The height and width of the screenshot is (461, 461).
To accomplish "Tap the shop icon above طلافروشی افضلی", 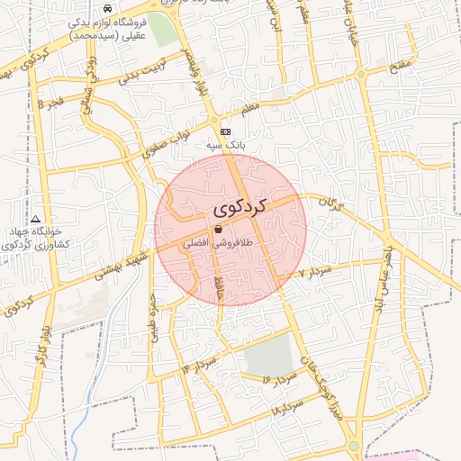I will point(219,230).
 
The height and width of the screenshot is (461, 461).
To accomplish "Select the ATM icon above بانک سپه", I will point(225,131).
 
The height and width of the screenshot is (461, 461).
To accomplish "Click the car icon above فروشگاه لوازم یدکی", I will point(108,8).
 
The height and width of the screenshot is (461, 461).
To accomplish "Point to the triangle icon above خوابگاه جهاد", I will point(35,219).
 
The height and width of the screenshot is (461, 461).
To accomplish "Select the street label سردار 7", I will point(316,271).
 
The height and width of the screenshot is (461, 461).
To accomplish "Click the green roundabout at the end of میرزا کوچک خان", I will point(354,446).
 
